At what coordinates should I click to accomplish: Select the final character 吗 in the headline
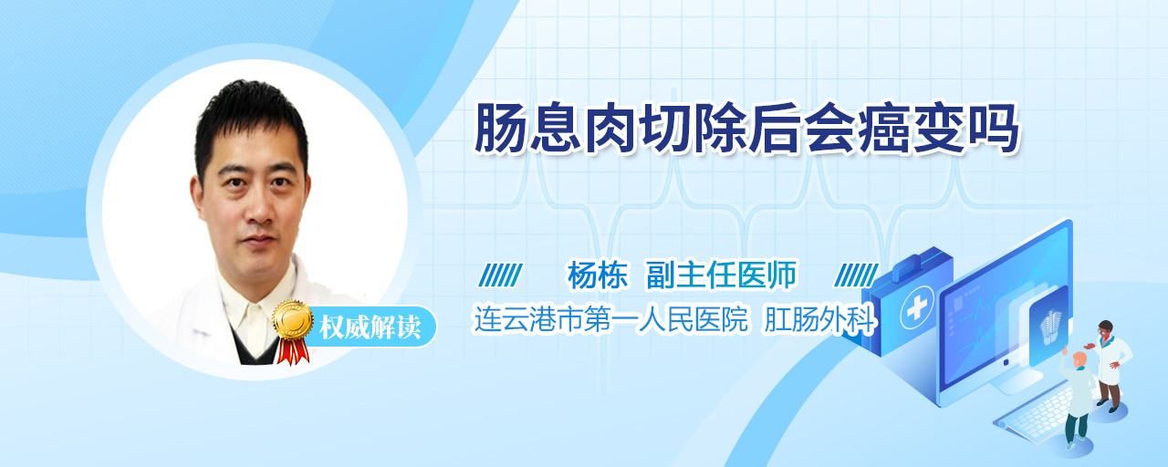tap(993, 129)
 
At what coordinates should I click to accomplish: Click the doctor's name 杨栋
tap(598, 275)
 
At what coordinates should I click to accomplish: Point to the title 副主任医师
tap(722, 275)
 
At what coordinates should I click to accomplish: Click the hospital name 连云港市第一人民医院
tap(611, 319)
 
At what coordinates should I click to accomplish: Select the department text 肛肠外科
tap(819, 319)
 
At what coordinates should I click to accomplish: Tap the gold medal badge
tap(293, 319)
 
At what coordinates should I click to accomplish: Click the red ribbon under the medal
tap(293, 351)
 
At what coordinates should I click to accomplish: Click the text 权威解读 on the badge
tap(370, 327)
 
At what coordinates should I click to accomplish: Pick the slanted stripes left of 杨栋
tap(501, 275)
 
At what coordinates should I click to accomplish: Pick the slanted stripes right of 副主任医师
tap(856, 275)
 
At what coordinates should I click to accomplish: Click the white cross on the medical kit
tap(917, 308)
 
